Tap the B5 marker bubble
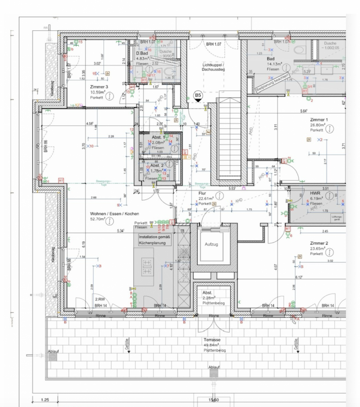tap(199, 95)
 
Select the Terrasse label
tap(213, 340)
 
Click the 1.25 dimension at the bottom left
tap(44, 400)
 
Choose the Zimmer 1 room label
tap(319, 120)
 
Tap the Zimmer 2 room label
tap(319, 243)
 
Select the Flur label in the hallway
tap(203, 193)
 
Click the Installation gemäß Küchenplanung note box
tap(155, 240)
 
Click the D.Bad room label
tap(141, 53)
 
